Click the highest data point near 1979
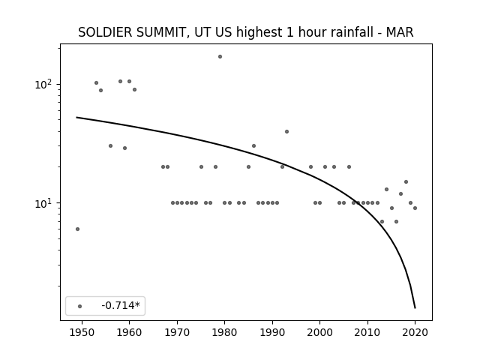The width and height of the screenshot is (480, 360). click(220, 57)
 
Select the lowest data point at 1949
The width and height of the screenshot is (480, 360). click(77, 229)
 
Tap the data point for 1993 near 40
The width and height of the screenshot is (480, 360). click(286, 132)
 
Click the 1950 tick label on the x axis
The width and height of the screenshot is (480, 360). click(82, 332)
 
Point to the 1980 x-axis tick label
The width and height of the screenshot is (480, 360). click(225, 332)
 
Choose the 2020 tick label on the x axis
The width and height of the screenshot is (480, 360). click(415, 332)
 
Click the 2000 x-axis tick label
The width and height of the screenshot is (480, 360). click(320, 332)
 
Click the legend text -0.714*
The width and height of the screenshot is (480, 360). click(121, 305)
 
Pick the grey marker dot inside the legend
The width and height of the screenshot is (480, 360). click(80, 306)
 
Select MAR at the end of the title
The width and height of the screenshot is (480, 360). click(400, 32)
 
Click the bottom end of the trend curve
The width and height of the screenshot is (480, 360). click(415, 308)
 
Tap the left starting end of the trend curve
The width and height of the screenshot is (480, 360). click(76, 117)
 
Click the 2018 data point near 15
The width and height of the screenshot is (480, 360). click(406, 181)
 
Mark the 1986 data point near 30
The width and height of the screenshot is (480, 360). click(253, 146)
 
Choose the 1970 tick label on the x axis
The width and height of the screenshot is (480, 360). click(177, 332)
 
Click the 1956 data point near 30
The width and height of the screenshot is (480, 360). click(110, 146)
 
